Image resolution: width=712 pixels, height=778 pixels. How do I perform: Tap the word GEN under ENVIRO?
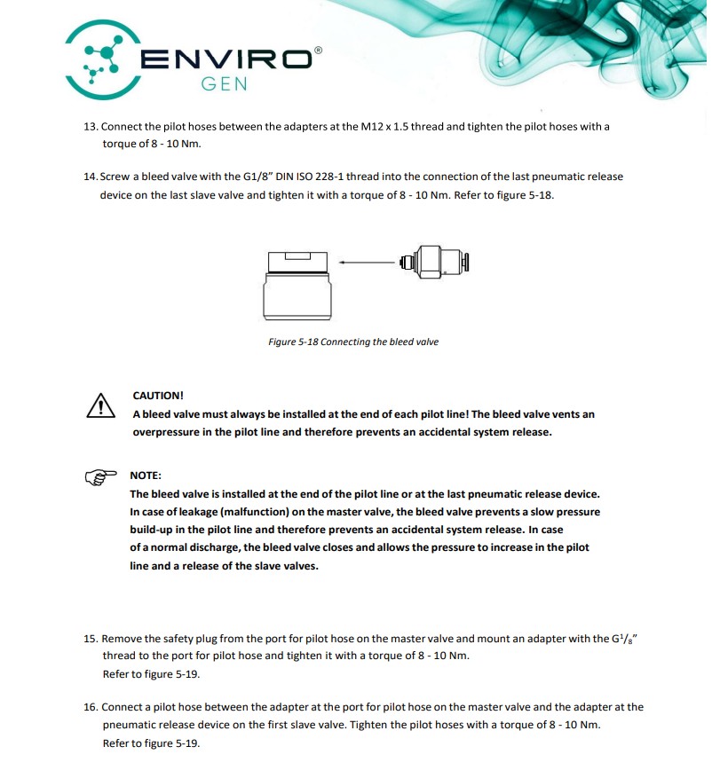click(224, 85)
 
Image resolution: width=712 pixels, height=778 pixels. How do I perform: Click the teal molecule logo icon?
click(106, 59)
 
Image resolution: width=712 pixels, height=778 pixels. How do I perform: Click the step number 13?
click(90, 127)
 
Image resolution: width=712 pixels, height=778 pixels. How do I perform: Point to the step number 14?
click(90, 177)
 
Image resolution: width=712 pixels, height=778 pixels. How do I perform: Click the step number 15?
click(90, 639)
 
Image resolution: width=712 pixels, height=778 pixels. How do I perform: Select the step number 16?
click(90, 708)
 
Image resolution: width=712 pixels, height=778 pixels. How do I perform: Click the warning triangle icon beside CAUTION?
click(101, 405)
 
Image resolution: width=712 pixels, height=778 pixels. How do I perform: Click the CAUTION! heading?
click(158, 396)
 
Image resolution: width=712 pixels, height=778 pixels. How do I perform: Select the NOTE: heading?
click(146, 475)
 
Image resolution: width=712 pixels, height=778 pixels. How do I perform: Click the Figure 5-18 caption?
click(352, 342)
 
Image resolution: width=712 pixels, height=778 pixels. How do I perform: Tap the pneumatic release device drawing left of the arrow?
click(299, 284)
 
